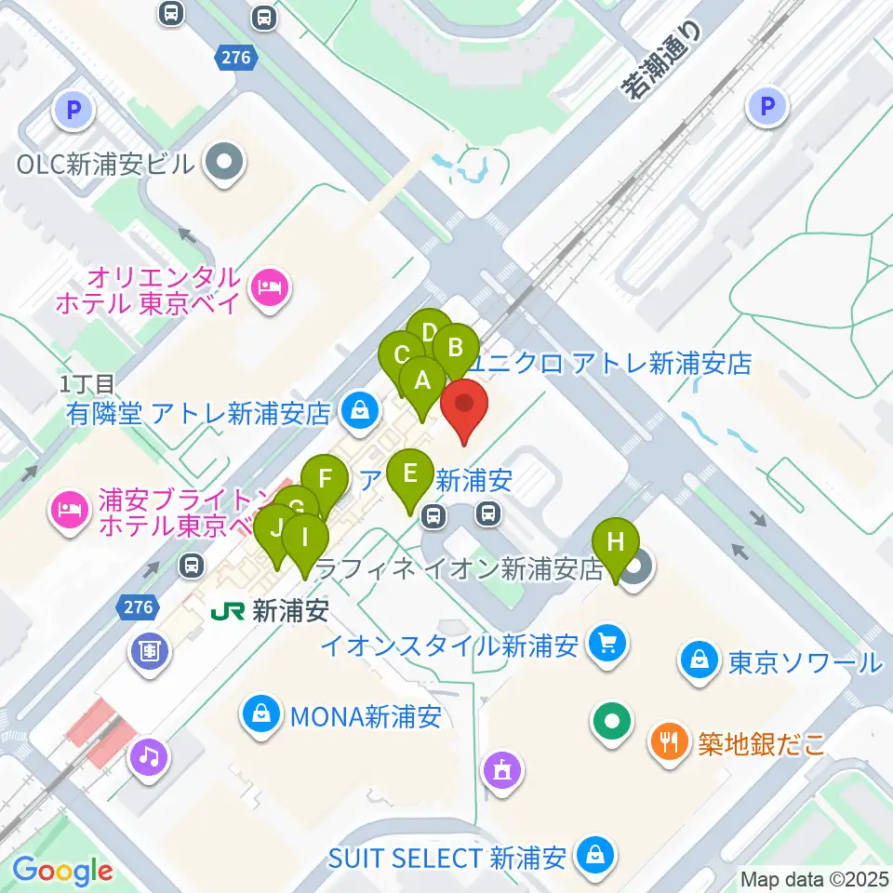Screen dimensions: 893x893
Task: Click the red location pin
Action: (x=464, y=410)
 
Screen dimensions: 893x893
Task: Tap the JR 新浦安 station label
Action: (x=271, y=611)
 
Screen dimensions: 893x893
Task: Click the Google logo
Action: (x=62, y=871)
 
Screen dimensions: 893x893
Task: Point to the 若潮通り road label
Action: (x=661, y=60)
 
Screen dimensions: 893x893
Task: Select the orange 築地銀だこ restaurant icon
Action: (x=669, y=742)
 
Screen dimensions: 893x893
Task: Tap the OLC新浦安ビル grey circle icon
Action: (x=224, y=164)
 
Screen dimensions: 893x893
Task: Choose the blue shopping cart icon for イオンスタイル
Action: (x=609, y=644)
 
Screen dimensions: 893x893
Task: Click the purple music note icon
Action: (x=150, y=755)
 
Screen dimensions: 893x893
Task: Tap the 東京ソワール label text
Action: (x=805, y=662)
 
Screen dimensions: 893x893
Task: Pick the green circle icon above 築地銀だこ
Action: (x=614, y=721)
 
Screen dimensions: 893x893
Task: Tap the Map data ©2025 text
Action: (x=814, y=877)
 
